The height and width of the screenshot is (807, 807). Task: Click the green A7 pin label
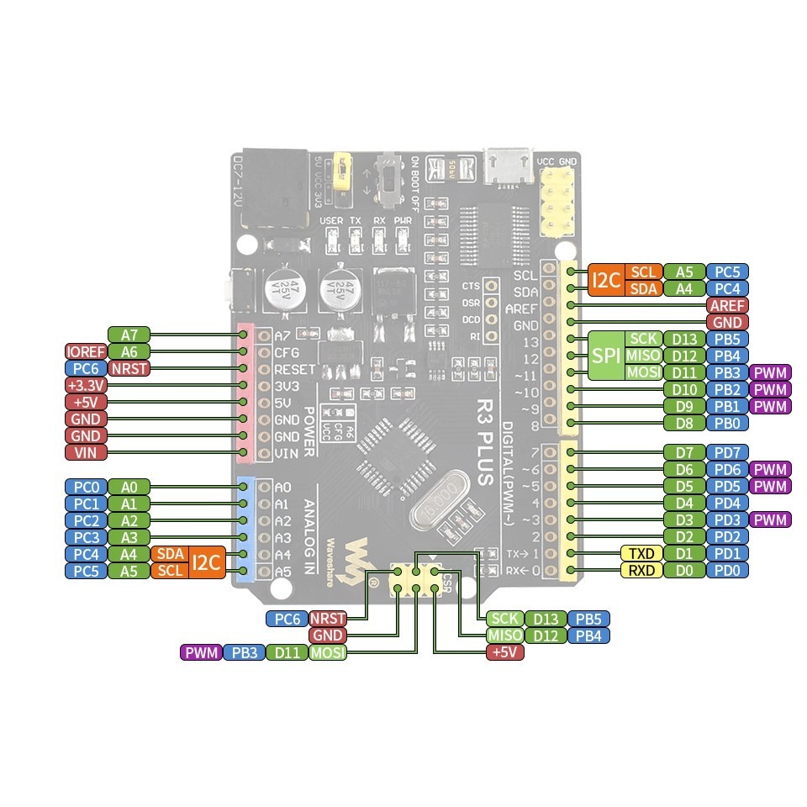point(129,335)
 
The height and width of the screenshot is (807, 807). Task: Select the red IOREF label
point(85,351)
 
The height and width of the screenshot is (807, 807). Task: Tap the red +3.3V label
point(85,385)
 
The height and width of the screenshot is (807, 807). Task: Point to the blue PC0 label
point(85,486)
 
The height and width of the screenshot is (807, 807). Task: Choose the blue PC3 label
point(85,536)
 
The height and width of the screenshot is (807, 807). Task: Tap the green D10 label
point(683,389)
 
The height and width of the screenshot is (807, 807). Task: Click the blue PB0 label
point(727,423)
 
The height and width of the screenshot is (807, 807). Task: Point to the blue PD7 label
point(727,452)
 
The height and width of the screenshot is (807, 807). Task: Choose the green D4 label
point(683,503)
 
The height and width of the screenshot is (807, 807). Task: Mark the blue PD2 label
point(727,536)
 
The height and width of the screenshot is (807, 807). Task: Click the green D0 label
point(683,570)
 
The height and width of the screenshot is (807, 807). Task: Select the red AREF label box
point(727,305)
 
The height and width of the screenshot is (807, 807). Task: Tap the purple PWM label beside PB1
point(771,406)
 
